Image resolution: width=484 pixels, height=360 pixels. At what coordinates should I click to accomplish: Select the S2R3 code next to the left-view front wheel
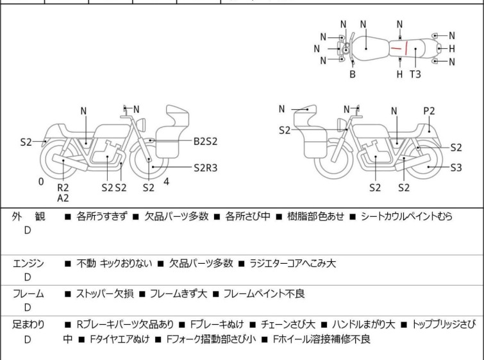[206, 167]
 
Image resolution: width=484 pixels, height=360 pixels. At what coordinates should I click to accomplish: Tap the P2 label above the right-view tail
[429, 111]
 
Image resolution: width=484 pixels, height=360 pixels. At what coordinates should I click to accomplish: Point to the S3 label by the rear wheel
[456, 168]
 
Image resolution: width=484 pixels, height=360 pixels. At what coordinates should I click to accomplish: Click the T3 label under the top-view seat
[415, 74]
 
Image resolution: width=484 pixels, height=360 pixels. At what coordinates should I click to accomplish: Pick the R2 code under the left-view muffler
[63, 187]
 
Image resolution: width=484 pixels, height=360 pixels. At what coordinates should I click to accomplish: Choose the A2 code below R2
[63, 198]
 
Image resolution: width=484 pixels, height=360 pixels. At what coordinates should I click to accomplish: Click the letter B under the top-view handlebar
[352, 74]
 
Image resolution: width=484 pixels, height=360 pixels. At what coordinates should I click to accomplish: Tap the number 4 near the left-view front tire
[167, 182]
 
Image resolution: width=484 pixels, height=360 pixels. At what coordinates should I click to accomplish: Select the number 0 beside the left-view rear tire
[41, 182]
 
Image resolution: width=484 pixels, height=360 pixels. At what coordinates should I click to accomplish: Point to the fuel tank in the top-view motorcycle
[366, 47]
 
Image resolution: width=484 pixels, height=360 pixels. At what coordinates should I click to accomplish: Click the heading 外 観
[28, 217]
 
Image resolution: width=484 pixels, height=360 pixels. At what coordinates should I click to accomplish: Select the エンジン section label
[28, 263]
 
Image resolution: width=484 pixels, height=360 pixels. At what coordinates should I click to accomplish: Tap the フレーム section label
[28, 294]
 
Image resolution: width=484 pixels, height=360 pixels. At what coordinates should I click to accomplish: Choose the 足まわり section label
[28, 325]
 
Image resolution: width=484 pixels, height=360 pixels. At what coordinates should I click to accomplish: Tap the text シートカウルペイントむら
[406, 217]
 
